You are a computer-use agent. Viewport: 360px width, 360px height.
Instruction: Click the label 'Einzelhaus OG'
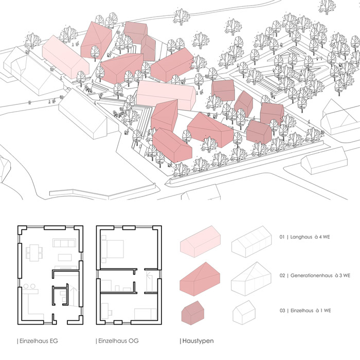118,341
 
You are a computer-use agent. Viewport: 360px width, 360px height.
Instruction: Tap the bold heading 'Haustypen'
196,341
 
